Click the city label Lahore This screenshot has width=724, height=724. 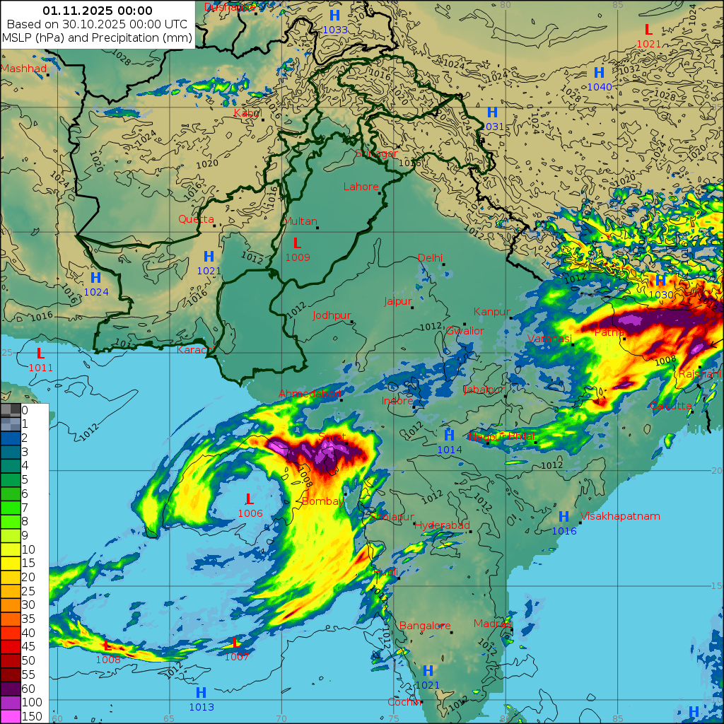pyautogui.click(x=361, y=187)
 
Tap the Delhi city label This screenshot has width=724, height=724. pyautogui.click(x=430, y=258)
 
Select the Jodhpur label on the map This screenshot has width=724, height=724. pyautogui.click(x=332, y=315)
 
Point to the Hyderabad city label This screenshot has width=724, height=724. pyautogui.click(x=442, y=525)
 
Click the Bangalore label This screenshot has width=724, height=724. pyautogui.click(x=425, y=626)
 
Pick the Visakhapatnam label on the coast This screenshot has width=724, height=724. pyautogui.click(x=620, y=516)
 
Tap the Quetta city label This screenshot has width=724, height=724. pyautogui.click(x=196, y=219)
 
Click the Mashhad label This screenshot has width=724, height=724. pyautogui.click(x=23, y=69)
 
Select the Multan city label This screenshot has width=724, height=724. pyautogui.click(x=300, y=221)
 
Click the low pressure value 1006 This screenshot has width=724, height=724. pyautogui.click(x=250, y=513)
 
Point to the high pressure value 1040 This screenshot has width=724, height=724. pyautogui.click(x=600, y=87)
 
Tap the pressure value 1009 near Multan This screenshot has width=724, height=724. pyautogui.click(x=298, y=257)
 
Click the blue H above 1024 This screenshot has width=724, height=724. pyautogui.click(x=95, y=278)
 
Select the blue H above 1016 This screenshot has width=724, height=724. pyautogui.click(x=564, y=517)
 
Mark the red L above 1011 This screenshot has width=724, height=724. pyautogui.click(x=40, y=353)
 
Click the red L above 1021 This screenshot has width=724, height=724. pyautogui.click(x=648, y=30)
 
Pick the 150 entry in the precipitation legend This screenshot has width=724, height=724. pyautogui.click(x=32, y=716)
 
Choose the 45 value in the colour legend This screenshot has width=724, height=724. pyautogui.click(x=28, y=646)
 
